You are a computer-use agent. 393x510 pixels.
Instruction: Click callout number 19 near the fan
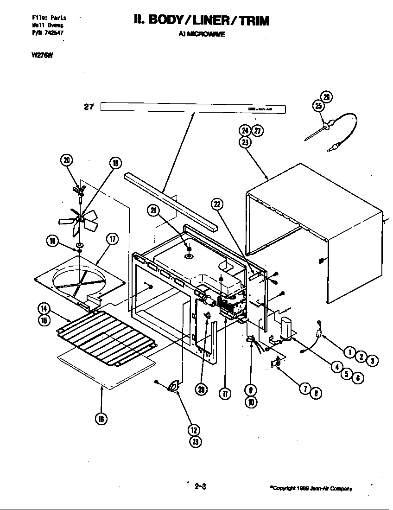pyautogui.click(x=115, y=163)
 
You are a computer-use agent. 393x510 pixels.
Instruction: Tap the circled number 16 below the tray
pyautogui.click(x=101, y=419)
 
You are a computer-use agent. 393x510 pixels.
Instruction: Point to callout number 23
pyautogui.click(x=245, y=142)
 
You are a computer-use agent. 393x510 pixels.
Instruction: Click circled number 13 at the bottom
pyautogui.click(x=195, y=441)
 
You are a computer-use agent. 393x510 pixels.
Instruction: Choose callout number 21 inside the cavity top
pyautogui.click(x=153, y=210)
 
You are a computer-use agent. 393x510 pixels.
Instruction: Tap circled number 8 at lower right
pyautogui.click(x=315, y=393)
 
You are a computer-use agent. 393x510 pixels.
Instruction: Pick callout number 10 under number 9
pyautogui.click(x=251, y=402)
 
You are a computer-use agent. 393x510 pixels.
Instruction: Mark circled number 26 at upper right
pyautogui.click(x=327, y=97)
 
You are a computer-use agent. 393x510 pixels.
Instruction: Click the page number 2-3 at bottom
pyautogui.click(x=200, y=486)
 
